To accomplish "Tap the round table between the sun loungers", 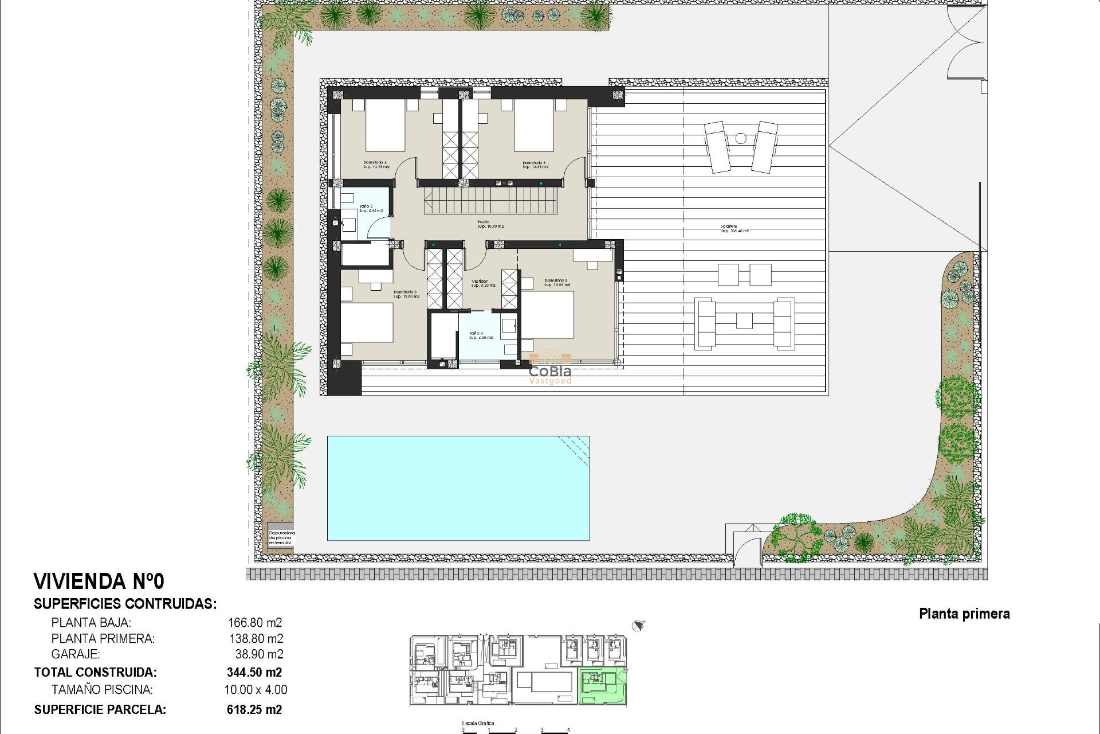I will click(x=741, y=138).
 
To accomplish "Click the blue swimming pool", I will click(x=458, y=488).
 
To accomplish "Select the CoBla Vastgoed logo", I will click(x=550, y=370).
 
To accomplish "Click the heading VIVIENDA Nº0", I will click(x=99, y=581).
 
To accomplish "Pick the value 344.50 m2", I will click(x=254, y=672).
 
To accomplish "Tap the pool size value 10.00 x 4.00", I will click(x=256, y=690).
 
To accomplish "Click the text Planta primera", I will click(x=964, y=614).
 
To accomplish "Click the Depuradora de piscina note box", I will click(x=281, y=537).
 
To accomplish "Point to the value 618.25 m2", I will click(x=254, y=709).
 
